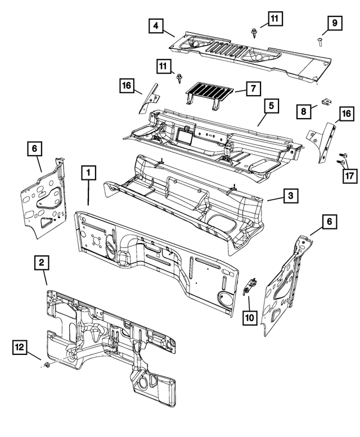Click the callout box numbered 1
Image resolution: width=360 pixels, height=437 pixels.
click(x=88, y=173)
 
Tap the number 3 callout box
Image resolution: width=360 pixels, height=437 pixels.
click(x=290, y=196)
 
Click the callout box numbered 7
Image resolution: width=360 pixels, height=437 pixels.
click(x=254, y=88)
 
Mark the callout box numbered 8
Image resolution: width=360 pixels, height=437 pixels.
click(x=303, y=112)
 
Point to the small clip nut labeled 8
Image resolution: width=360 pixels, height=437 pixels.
click(x=326, y=102)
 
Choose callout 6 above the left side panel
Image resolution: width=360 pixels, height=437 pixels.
click(x=34, y=148)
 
